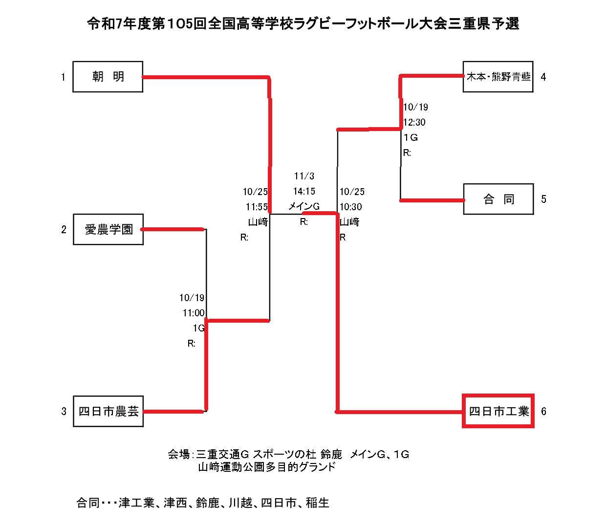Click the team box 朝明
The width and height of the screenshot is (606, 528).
(x=108, y=77)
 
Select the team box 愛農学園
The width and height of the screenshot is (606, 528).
(x=108, y=229)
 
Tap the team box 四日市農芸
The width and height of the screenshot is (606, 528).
(x=108, y=412)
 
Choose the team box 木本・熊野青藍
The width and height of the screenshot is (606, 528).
(x=498, y=77)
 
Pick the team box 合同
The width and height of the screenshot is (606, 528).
(x=498, y=199)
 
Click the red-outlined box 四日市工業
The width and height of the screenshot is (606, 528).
(x=498, y=411)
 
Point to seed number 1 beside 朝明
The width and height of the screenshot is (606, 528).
(x=63, y=77)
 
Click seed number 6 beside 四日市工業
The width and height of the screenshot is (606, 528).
(x=543, y=411)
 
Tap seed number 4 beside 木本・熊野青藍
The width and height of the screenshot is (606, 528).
(x=543, y=77)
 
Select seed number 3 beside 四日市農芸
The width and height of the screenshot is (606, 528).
(x=64, y=412)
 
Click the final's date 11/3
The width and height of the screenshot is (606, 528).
(x=304, y=176)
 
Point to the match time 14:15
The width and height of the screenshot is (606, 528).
(x=304, y=191)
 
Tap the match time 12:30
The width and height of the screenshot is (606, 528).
(x=414, y=122)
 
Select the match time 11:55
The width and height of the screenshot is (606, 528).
(x=257, y=207)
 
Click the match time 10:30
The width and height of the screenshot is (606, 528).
(x=351, y=207)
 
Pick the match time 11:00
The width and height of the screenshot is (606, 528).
(x=194, y=313)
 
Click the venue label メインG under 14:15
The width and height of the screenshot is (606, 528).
(x=304, y=206)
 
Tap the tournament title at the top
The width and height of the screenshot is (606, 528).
(x=303, y=23)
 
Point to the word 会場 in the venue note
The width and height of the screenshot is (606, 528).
(x=178, y=455)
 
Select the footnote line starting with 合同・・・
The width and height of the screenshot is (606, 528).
(x=203, y=503)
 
